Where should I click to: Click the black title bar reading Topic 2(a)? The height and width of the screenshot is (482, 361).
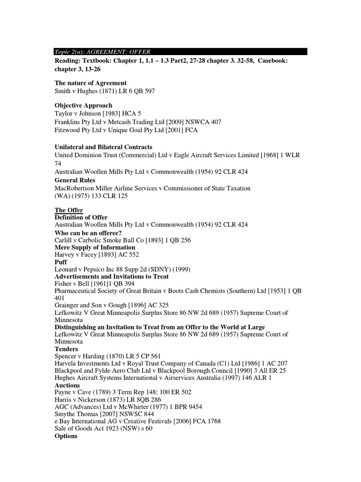180,51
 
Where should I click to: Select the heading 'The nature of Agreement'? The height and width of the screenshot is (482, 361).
91,83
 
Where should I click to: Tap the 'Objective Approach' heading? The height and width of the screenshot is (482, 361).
84,105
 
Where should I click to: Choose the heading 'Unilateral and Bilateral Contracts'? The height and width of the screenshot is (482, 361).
103,147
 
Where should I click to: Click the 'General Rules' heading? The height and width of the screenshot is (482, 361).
75,180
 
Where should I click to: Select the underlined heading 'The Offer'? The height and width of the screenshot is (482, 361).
69,210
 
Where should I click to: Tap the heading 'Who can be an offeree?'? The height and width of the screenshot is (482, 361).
88,233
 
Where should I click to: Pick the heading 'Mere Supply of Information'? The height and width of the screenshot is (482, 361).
95,248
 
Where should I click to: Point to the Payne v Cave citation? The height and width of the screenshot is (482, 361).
123,392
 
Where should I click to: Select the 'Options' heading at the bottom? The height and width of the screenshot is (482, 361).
66,436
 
